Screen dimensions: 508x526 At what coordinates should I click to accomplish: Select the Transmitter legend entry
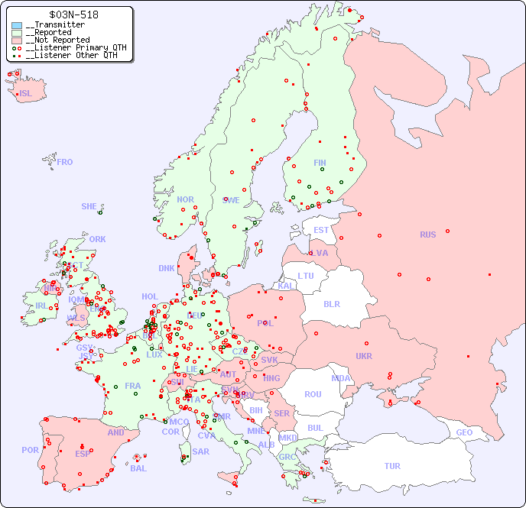(x=54, y=25)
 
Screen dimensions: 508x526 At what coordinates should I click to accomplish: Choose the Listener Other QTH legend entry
(x=68, y=55)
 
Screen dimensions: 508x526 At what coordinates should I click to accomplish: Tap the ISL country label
(x=26, y=94)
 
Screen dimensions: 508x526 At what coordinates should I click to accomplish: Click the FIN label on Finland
(x=320, y=163)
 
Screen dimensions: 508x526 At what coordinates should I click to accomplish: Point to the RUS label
(x=427, y=235)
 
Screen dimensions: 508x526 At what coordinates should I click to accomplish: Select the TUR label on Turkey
(x=392, y=466)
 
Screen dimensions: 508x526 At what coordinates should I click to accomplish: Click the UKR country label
(x=364, y=356)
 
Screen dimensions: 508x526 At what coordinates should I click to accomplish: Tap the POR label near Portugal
(x=30, y=450)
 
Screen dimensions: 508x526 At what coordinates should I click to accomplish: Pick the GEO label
(x=464, y=432)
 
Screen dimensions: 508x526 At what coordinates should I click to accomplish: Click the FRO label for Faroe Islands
(x=65, y=162)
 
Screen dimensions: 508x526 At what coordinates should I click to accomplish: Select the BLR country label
(x=332, y=303)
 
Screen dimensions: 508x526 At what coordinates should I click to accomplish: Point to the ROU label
(x=313, y=394)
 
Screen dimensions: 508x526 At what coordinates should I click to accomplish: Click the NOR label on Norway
(x=185, y=199)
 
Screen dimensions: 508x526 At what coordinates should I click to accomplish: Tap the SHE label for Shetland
(x=89, y=206)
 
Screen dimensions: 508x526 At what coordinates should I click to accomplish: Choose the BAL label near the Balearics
(x=138, y=468)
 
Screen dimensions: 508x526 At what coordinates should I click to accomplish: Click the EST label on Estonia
(x=321, y=230)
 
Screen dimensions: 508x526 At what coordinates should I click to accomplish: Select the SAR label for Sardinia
(x=201, y=451)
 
